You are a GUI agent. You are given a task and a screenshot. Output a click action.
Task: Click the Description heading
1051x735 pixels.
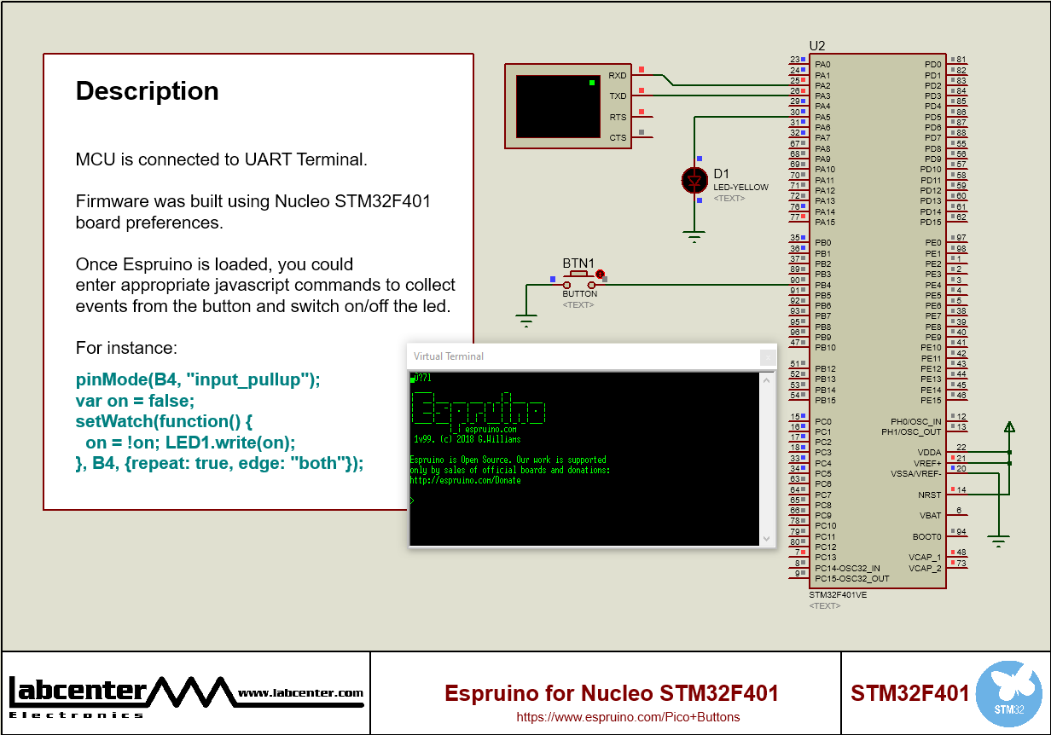coord(147,91)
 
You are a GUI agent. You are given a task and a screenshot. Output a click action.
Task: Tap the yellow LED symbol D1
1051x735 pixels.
coord(694,180)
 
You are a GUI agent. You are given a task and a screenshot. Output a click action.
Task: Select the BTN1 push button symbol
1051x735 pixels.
coord(579,280)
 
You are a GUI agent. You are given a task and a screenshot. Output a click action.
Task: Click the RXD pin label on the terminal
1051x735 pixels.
coord(617,76)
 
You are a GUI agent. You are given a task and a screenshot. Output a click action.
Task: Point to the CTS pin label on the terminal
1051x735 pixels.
coord(617,137)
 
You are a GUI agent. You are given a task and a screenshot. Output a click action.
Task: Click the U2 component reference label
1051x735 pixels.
coord(816,45)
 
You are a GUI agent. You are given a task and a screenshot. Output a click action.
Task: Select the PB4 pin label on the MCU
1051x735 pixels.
coord(822,285)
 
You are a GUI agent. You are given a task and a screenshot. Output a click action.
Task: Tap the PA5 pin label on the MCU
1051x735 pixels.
coord(822,117)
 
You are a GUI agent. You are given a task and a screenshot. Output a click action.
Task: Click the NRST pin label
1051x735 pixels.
coord(930,495)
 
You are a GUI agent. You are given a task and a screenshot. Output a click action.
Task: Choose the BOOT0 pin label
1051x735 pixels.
coord(926,537)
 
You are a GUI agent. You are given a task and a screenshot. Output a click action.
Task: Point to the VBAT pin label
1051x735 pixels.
coord(930,516)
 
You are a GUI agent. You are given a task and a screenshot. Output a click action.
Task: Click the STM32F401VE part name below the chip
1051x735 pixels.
coord(838,595)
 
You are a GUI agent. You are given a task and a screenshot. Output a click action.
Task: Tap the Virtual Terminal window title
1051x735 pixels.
coord(449,356)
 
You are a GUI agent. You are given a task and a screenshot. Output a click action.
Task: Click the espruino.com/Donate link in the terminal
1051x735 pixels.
coord(465,480)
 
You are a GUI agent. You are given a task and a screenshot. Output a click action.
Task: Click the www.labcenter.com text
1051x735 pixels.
coord(300,693)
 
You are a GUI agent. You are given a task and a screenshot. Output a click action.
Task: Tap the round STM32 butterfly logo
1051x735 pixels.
coord(1008,693)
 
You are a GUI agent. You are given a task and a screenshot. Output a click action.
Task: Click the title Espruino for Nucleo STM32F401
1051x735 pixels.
coord(612,693)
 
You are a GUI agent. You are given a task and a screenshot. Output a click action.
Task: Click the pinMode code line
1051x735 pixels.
coord(198,380)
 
